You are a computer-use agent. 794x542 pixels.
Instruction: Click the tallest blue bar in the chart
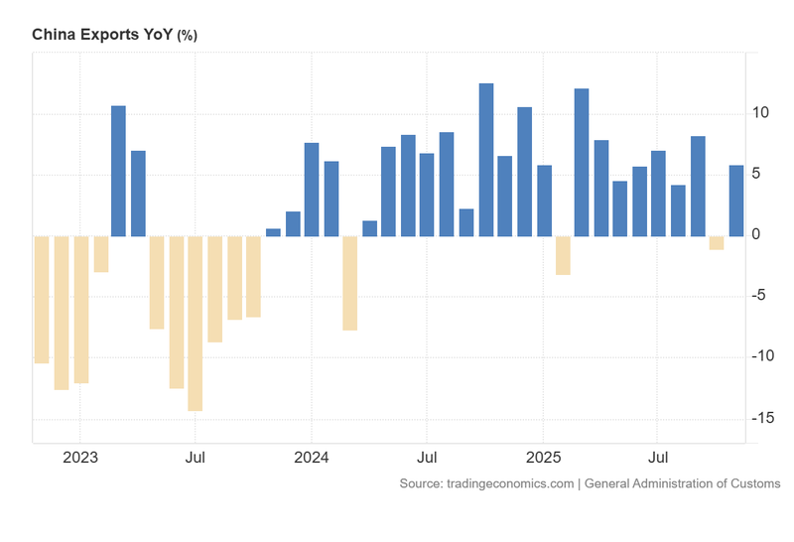(x=486, y=160)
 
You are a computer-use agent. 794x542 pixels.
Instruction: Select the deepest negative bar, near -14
(x=196, y=323)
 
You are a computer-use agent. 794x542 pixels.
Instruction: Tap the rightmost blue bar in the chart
(x=736, y=201)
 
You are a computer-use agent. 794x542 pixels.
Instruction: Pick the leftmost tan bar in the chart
(x=42, y=299)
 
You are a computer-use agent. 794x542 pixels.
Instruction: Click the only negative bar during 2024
(x=349, y=282)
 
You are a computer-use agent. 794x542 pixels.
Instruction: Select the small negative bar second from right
(x=717, y=243)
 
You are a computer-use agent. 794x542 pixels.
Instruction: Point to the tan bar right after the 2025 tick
(x=563, y=255)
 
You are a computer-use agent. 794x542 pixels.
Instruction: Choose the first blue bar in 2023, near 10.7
(x=118, y=171)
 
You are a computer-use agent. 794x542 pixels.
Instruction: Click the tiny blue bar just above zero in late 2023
(x=273, y=232)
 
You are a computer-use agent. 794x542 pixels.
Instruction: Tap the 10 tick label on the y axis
(x=760, y=113)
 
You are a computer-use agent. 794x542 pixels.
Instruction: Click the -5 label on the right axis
(x=762, y=296)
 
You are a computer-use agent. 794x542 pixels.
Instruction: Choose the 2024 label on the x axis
(x=312, y=459)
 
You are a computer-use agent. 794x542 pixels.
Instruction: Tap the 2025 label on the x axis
(x=543, y=459)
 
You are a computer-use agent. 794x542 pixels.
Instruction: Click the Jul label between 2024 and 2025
(x=427, y=459)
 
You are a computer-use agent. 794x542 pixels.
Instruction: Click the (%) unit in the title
(x=188, y=35)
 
